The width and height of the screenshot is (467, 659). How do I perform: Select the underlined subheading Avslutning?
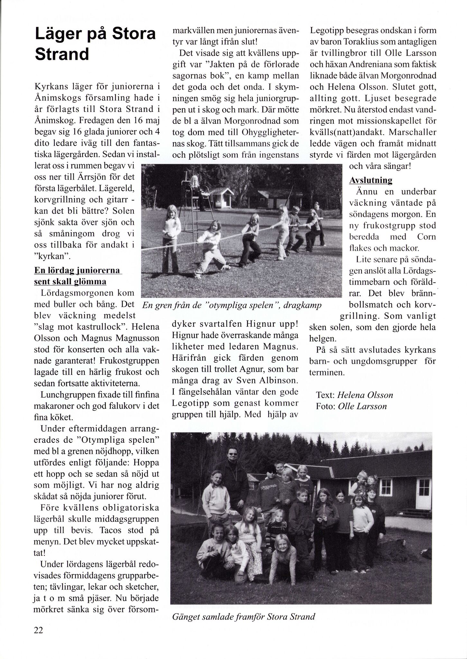pos(371,180)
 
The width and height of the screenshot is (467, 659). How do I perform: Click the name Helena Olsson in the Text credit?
pos(365,395)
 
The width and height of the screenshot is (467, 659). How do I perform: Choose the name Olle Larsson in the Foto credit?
pos(362,406)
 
